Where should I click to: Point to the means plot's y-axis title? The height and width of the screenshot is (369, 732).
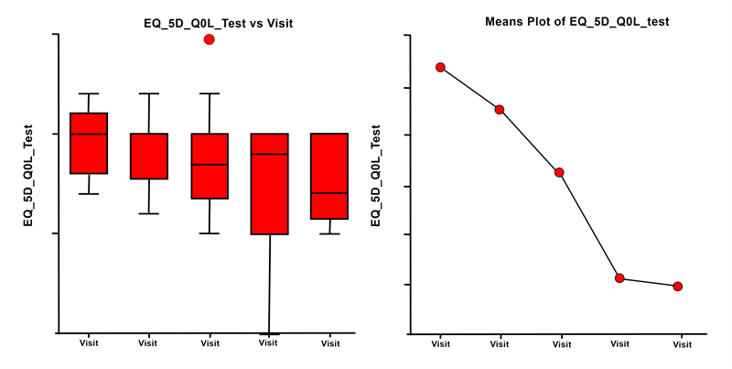point(375,177)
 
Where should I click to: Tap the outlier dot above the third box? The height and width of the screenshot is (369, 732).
point(210,39)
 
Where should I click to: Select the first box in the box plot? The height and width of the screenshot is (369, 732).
point(89,143)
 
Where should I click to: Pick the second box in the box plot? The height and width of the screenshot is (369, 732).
point(149,156)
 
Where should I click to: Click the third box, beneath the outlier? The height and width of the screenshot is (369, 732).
point(210,166)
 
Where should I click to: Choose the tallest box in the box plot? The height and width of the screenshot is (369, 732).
point(270,184)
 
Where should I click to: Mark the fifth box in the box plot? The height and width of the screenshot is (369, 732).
point(329,176)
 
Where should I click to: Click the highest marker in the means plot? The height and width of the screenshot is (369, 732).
point(440,67)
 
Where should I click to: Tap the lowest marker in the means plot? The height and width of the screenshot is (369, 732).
point(678,287)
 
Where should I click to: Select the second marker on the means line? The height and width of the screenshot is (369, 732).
point(500,110)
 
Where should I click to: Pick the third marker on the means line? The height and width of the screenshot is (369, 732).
point(559,172)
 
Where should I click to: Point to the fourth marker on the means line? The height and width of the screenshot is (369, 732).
point(619,278)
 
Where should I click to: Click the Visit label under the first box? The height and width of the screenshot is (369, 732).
point(89,343)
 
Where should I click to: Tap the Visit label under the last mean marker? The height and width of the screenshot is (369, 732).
point(681,344)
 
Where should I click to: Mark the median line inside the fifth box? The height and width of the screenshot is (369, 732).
point(329,193)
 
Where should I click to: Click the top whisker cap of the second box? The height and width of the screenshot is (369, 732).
point(149,93)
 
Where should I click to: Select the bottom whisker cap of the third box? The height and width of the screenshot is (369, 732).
point(210,233)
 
